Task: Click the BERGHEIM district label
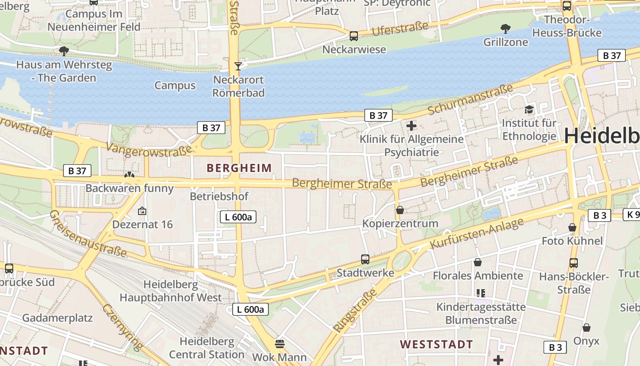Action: click(x=239, y=168)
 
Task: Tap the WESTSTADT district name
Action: click(x=437, y=344)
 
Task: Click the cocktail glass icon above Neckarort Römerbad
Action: click(x=238, y=66)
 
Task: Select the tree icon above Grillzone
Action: click(x=506, y=29)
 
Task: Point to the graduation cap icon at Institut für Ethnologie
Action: click(x=529, y=109)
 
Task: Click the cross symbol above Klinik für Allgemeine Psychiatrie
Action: click(x=411, y=125)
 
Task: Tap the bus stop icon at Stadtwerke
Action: click(x=365, y=259)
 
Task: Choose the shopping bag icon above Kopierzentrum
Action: click(x=400, y=210)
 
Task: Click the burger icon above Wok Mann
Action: click(x=280, y=343)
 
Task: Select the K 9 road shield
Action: click(x=632, y=215)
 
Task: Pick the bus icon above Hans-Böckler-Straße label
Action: click(x=574, y=263)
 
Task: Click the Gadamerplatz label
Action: click(x=57, y=318)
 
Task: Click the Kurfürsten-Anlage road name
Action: click(x=477, y=234)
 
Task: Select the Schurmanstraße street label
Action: click(x=471, y=100)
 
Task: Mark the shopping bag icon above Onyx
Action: click(x=587, y=328)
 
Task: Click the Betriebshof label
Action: click(x=219, y=196)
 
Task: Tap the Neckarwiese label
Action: click(x=354, y=49)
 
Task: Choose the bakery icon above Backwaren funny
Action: click(x=130, y=174)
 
